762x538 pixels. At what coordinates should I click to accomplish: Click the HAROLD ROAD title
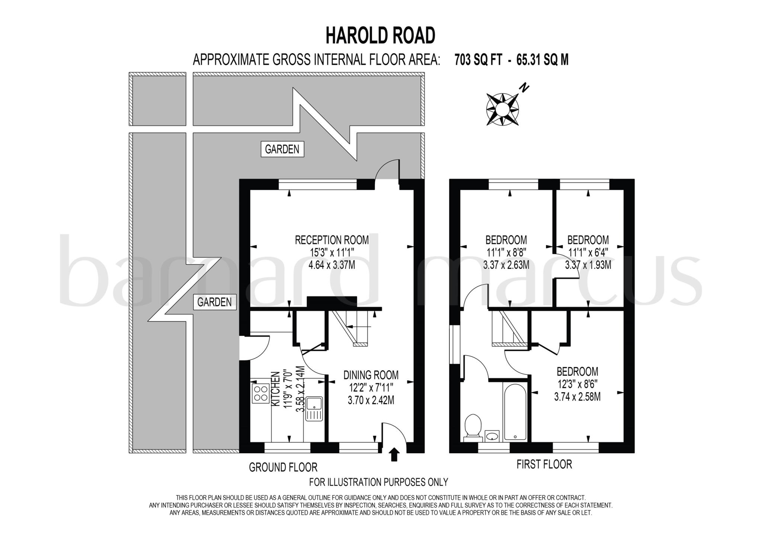click(x=380, y=36)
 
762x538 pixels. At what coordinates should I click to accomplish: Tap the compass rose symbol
click(x=502, y=109)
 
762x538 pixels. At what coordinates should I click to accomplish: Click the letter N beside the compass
click(x=525, y=88)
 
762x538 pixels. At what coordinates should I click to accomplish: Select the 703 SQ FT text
click(x=478, y=60)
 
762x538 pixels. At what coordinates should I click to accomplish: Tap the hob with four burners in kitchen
click(x=260, y=394)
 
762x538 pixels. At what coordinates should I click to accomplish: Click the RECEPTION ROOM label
click(x=332, y=240)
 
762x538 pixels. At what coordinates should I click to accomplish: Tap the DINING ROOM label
click(x=371, y=375)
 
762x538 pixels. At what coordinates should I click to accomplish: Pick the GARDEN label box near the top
click(x=282, y=149)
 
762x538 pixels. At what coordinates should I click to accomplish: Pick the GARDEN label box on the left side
click(x=215, y=302)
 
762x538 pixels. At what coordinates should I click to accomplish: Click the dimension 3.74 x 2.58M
click(x=577, y=397)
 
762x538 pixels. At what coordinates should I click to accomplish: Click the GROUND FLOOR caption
click(x=283, y=467)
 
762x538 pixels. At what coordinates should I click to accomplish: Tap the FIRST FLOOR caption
click(x=544, y=464)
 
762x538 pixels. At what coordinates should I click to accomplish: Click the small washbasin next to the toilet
click(x=493, y=435)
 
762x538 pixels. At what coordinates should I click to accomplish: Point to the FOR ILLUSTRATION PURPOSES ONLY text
click(x=378, y=482)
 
